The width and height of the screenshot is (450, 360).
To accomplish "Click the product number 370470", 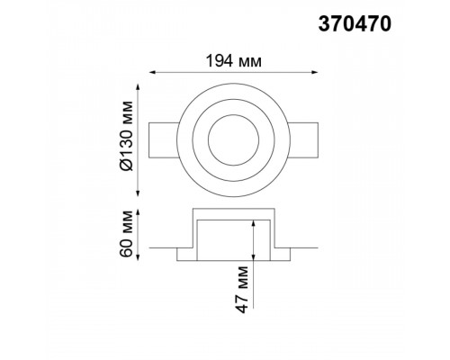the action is click(x=355, y=23).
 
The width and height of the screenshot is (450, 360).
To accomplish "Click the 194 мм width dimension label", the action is click(x=233, y=61).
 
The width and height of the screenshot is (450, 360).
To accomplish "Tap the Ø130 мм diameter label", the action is click(x=126, y=136).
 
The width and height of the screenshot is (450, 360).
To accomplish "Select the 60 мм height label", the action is click(x=126, y=234).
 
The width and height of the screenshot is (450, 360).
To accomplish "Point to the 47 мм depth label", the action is click(x=242, y=290).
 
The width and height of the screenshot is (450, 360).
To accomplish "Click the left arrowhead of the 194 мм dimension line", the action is click(x=152, y=72).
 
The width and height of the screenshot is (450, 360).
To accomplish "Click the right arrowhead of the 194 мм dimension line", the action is click(x=315, y=72).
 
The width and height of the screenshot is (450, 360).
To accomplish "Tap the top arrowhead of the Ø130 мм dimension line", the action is click(x=138, y=87).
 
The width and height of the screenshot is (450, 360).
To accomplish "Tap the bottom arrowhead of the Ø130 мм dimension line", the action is click(x=138, y=193).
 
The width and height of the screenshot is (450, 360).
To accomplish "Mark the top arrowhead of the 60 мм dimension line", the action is click(x=138, y=212).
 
